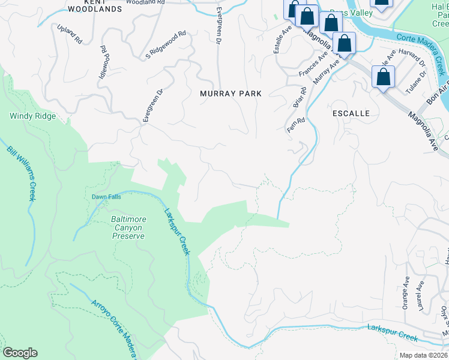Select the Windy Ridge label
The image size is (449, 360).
33,116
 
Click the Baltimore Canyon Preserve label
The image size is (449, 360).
128,227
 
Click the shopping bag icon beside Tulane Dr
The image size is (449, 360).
383,78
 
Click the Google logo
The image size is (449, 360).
20,353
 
